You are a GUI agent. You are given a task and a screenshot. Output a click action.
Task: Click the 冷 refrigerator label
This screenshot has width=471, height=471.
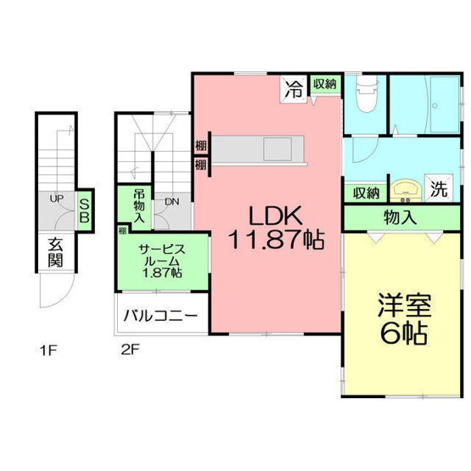(x=294, y=86)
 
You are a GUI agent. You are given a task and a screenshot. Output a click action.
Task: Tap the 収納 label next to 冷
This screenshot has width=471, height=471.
(x=323, y=83)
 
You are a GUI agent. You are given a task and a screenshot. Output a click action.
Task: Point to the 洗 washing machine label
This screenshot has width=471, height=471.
(x=439, y=189)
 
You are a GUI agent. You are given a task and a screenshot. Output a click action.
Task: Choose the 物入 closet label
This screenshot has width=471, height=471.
(x=400, y=217)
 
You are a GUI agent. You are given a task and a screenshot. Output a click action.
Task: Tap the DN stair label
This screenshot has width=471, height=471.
(x=171, y=201)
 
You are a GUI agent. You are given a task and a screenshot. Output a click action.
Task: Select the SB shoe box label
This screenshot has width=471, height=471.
(x=84, y=209)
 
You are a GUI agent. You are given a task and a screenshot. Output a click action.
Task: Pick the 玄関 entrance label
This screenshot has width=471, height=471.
(x=55, y=250)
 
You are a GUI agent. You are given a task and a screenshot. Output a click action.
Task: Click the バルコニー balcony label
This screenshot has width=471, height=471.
(x=160, y=316)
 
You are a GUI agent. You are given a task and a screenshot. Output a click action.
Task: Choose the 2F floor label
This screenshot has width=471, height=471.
(x=128, y=349)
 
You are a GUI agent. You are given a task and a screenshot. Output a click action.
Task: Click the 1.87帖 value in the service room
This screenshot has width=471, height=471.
(x=161, y=272)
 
